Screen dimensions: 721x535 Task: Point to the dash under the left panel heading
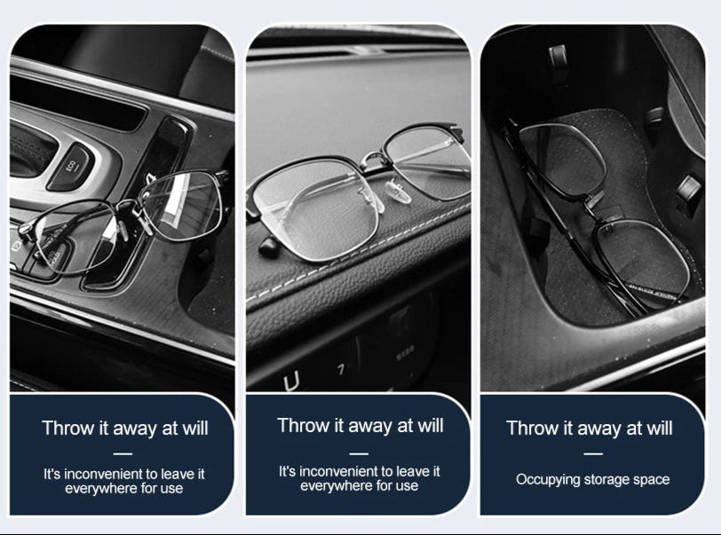pos(123,454)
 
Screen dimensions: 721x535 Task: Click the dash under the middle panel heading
pos(359,453)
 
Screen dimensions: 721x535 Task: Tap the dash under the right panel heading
pos(593,453)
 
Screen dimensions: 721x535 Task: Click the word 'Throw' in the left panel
pos(67,429)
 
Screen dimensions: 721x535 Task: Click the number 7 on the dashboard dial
pos(341,370)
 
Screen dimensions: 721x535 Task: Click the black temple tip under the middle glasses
pos(270,248)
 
